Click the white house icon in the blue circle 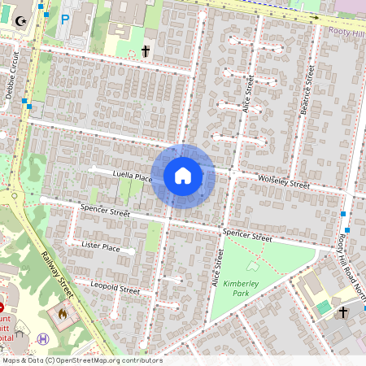click(183, 175)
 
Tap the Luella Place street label click(133, 176)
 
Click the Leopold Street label click(115, 287)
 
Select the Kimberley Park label click(240, 288)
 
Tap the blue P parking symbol click(65, 17)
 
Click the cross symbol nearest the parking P click(146, 51)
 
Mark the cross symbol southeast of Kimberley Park click(343, 312)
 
